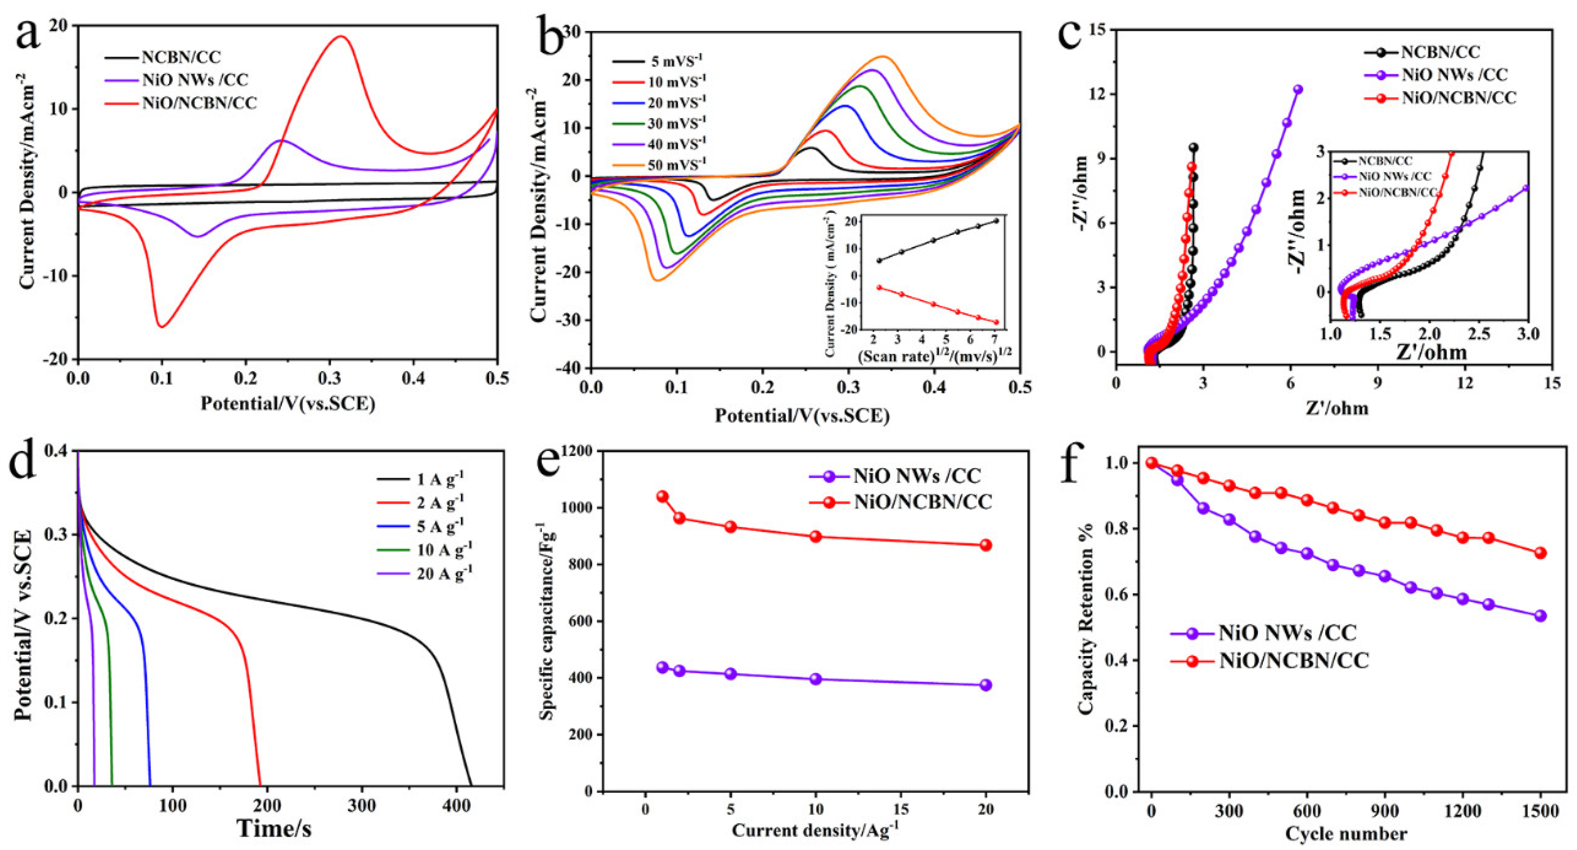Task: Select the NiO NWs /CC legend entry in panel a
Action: tap(195, 80)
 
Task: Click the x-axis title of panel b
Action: tap(801, 416)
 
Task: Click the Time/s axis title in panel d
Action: tap(274, 829)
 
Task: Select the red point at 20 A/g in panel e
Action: tap(985, 545)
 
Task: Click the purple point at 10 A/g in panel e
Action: tap(815, 679)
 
